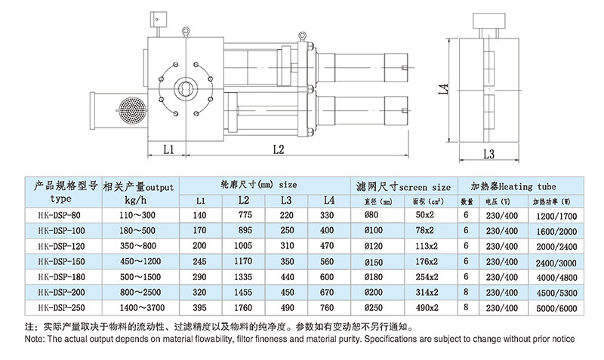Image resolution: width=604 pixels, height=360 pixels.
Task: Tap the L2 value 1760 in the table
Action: [x=243, y=308]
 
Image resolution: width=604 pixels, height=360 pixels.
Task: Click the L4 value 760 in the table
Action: [x=327, y=308]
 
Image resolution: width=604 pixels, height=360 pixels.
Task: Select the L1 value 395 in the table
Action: [x=199, y=308]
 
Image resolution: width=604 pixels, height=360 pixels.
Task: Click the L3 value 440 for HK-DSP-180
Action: [x=286, y=277]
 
